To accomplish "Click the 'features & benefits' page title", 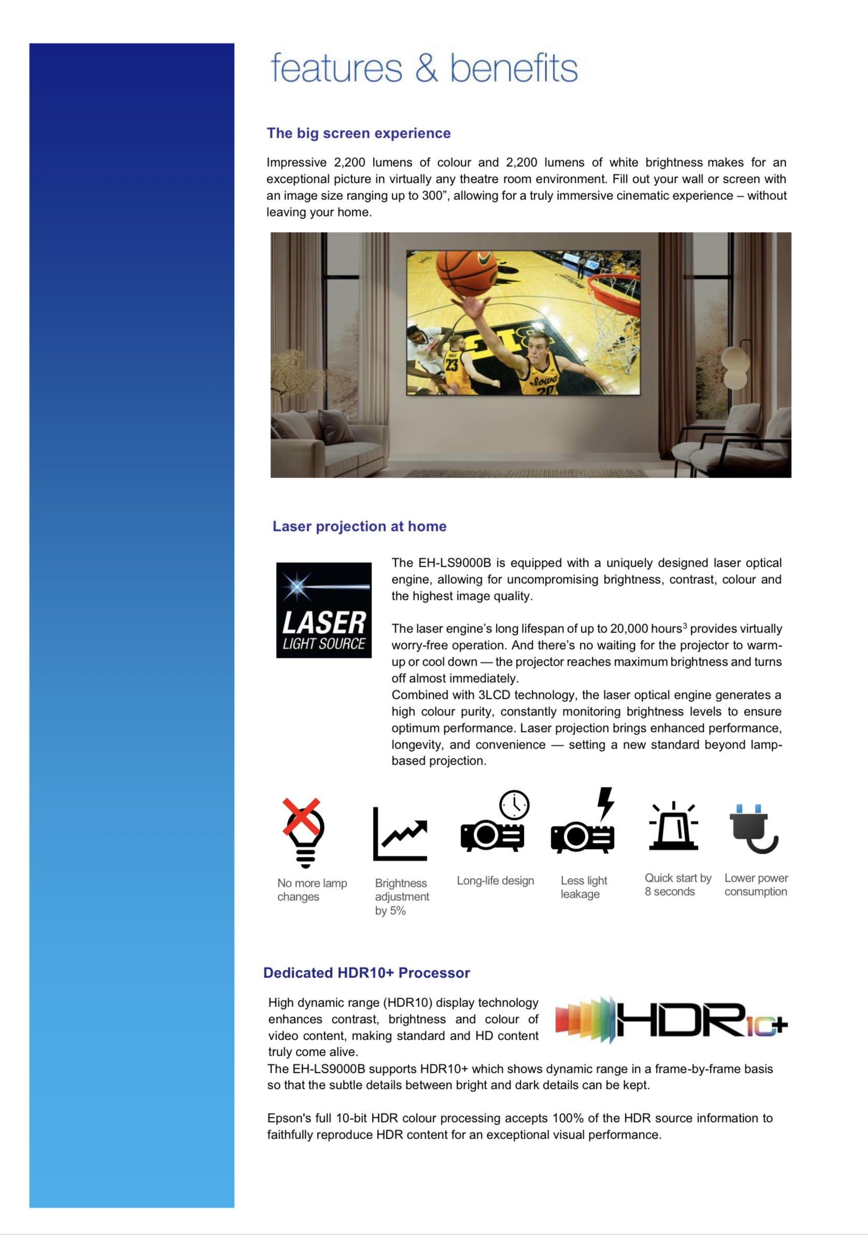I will pos(423,68).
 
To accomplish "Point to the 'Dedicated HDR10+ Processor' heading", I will pos(366,972).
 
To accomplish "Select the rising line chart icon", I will pos(400,833).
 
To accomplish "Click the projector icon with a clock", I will pos(494,822).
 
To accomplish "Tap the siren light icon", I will pos(673,827).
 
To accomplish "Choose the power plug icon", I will pos(754,828).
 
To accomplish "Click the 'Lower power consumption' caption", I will pos(756,885).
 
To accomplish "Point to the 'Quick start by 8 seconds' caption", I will pos(677,885).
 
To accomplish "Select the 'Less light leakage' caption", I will pos(584,887).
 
